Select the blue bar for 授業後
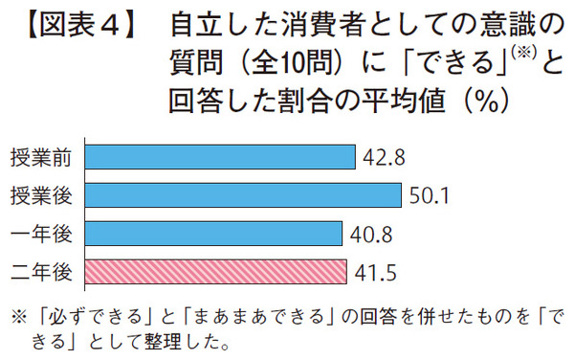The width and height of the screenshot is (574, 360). pyautogui.click(x=243, y=194)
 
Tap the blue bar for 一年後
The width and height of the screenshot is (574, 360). pyautogui.click(x=213, y=233)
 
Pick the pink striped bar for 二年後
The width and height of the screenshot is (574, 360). pyautogui.click(x=215, y=271)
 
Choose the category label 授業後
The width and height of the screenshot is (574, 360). pyautogui.click(x=40, y=195)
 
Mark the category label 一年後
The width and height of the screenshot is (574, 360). pyautogui.click(x=40, y=234)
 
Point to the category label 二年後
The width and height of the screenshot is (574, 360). pyautogui.click(x=40, y=272)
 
